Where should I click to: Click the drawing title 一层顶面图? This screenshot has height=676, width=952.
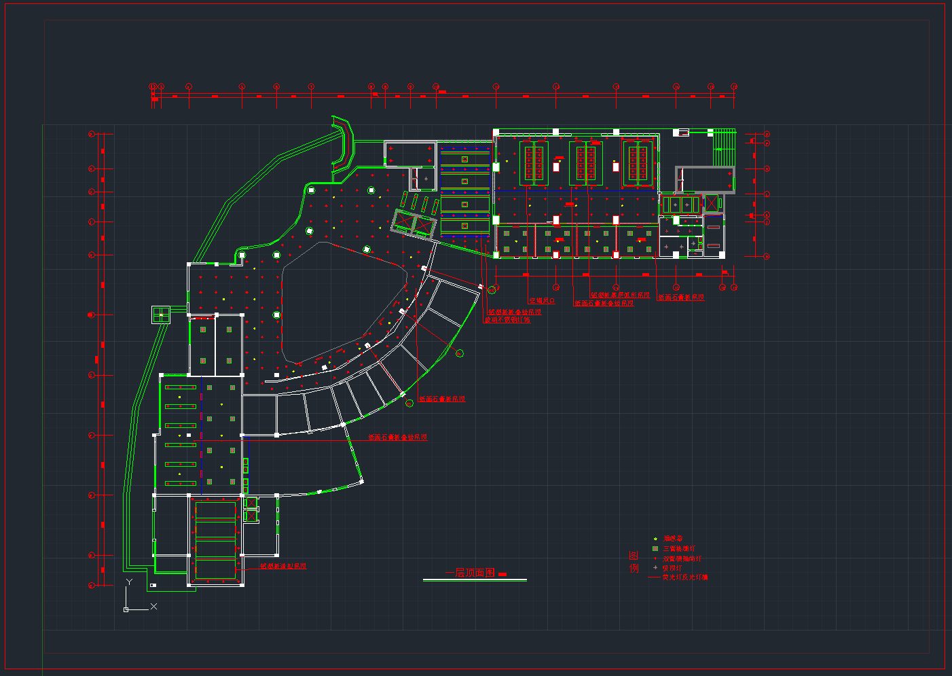click(470, 573)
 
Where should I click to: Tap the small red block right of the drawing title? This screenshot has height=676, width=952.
click(502, 575)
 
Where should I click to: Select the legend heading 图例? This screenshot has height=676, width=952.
click(634, 562)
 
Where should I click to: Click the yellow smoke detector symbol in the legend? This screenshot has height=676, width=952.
click(655, 539)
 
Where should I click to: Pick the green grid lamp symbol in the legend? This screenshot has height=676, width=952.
click(655, 548)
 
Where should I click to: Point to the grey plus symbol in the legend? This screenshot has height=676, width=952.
click(655, 567)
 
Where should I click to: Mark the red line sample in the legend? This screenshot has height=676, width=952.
click(654, 577)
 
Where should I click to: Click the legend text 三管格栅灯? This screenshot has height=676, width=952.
click(679, 549)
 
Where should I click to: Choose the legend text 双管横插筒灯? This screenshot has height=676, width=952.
click(682, 558)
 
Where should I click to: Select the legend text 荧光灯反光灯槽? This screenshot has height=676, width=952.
click(685, 577)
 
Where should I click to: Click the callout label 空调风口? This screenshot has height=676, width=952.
click(542, 300)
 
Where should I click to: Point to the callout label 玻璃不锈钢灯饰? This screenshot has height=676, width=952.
click(507, 319)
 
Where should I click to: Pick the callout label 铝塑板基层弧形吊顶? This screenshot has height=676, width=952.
click(620, 296)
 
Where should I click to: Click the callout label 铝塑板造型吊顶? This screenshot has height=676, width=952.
click(283, 566)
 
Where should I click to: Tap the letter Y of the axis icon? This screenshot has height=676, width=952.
click(129, 582)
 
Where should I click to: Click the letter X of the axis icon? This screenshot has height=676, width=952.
click(153, 606)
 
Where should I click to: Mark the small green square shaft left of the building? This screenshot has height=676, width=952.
click(161, 315)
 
